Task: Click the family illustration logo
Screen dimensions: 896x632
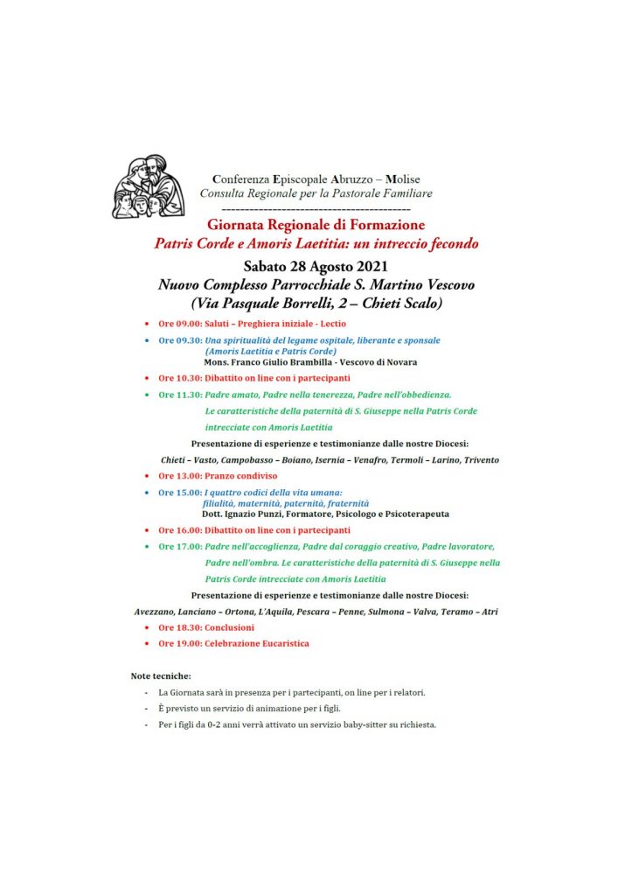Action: coord(148,186)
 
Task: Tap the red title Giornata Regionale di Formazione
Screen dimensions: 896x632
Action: coord(316,225)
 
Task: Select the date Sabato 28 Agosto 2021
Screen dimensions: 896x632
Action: coord(316,265)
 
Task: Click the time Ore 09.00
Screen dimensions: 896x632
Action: coord(179,324)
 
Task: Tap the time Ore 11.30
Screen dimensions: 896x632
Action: coord(179,395)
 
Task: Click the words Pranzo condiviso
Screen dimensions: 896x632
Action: coord(241,476)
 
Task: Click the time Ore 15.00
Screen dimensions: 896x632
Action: coord(179,493)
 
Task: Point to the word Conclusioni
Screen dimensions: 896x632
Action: coord(230,628)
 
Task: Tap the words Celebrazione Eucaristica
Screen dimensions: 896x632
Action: coord(257,644)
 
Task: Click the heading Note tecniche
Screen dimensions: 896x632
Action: coord(161,676)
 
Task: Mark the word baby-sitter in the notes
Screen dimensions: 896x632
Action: coord(354,724)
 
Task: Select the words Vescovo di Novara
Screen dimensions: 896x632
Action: coord(379,362)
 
